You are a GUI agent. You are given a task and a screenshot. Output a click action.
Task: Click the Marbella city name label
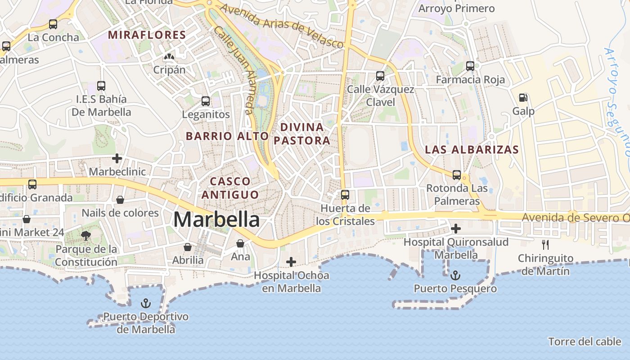pos(216,220)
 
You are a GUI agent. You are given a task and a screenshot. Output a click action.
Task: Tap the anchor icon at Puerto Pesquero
pos(455,275)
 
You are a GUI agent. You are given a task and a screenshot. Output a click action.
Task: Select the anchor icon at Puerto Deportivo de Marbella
pos(145,303)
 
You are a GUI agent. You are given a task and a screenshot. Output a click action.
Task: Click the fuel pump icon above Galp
pos(523,98)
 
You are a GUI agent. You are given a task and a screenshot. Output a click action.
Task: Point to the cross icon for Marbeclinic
pos(117,158)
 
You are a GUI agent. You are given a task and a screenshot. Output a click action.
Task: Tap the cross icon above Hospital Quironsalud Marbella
pos(456,229)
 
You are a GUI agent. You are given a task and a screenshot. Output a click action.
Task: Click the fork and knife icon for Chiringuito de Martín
pos(545,245)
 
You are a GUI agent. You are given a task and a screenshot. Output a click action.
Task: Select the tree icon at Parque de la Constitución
pos(85,235)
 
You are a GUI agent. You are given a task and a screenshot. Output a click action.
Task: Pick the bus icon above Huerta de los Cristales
pos(345,195)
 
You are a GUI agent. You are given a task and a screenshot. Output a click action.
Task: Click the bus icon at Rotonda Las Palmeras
pos(457,175)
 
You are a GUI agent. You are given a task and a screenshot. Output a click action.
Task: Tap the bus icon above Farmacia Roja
pos(470,66)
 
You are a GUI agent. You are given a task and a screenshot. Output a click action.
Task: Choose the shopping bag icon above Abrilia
pos(188,247)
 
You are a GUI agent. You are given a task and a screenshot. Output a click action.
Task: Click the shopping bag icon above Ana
pos(240,243)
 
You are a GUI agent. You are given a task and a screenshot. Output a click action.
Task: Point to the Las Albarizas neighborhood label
pos(472,149)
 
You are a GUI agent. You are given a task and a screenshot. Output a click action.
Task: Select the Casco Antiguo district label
pos(230,188)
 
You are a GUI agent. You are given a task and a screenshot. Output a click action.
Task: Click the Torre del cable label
pos(585,342)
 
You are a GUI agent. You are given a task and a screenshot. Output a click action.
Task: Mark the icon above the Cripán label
pos(169,57)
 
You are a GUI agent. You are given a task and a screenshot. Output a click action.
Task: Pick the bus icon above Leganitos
pos(206,101)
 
